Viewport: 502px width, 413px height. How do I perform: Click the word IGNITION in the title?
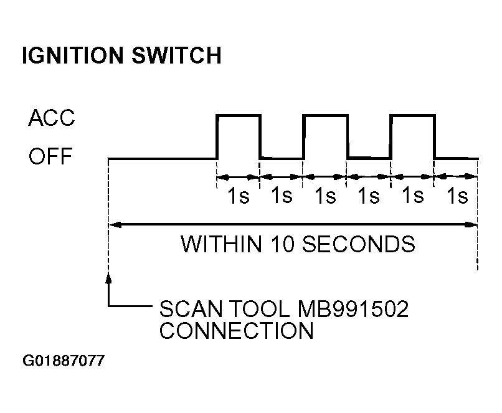click(x=73, y=55)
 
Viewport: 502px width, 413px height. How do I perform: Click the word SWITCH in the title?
click(x=176, y=55)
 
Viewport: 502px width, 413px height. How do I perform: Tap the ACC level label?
click(x=52, y=118)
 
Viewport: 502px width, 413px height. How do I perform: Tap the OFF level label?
click(x=50, y=156)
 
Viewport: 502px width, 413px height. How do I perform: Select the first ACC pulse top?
click(x=239, y=115)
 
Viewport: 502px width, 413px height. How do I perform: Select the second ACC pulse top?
click(x=325, y=115)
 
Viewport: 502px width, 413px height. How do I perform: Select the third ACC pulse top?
click(x=413, y=115)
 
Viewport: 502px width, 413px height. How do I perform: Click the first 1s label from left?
click(x=238, y=195)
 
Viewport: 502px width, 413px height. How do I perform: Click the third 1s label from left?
click(x=325, y=195)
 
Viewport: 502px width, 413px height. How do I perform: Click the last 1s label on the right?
click(x=457, y=195)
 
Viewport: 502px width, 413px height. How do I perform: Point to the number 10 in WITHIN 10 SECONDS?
click(x=283, y=244)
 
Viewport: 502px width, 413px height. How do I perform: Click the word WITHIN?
click(x=222, y=244)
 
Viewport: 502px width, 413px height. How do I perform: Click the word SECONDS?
click(x=359, y=244)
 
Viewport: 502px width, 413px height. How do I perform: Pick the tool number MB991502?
click(x=353, y=309)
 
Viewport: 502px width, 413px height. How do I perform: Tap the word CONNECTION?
click(x=236, y=330)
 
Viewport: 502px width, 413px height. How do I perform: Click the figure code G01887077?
click(x=64, y=361)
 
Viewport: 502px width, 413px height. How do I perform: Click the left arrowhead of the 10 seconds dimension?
click(x=115, y=225)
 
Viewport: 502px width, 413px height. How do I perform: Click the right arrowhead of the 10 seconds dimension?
click(x=471, y=225)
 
